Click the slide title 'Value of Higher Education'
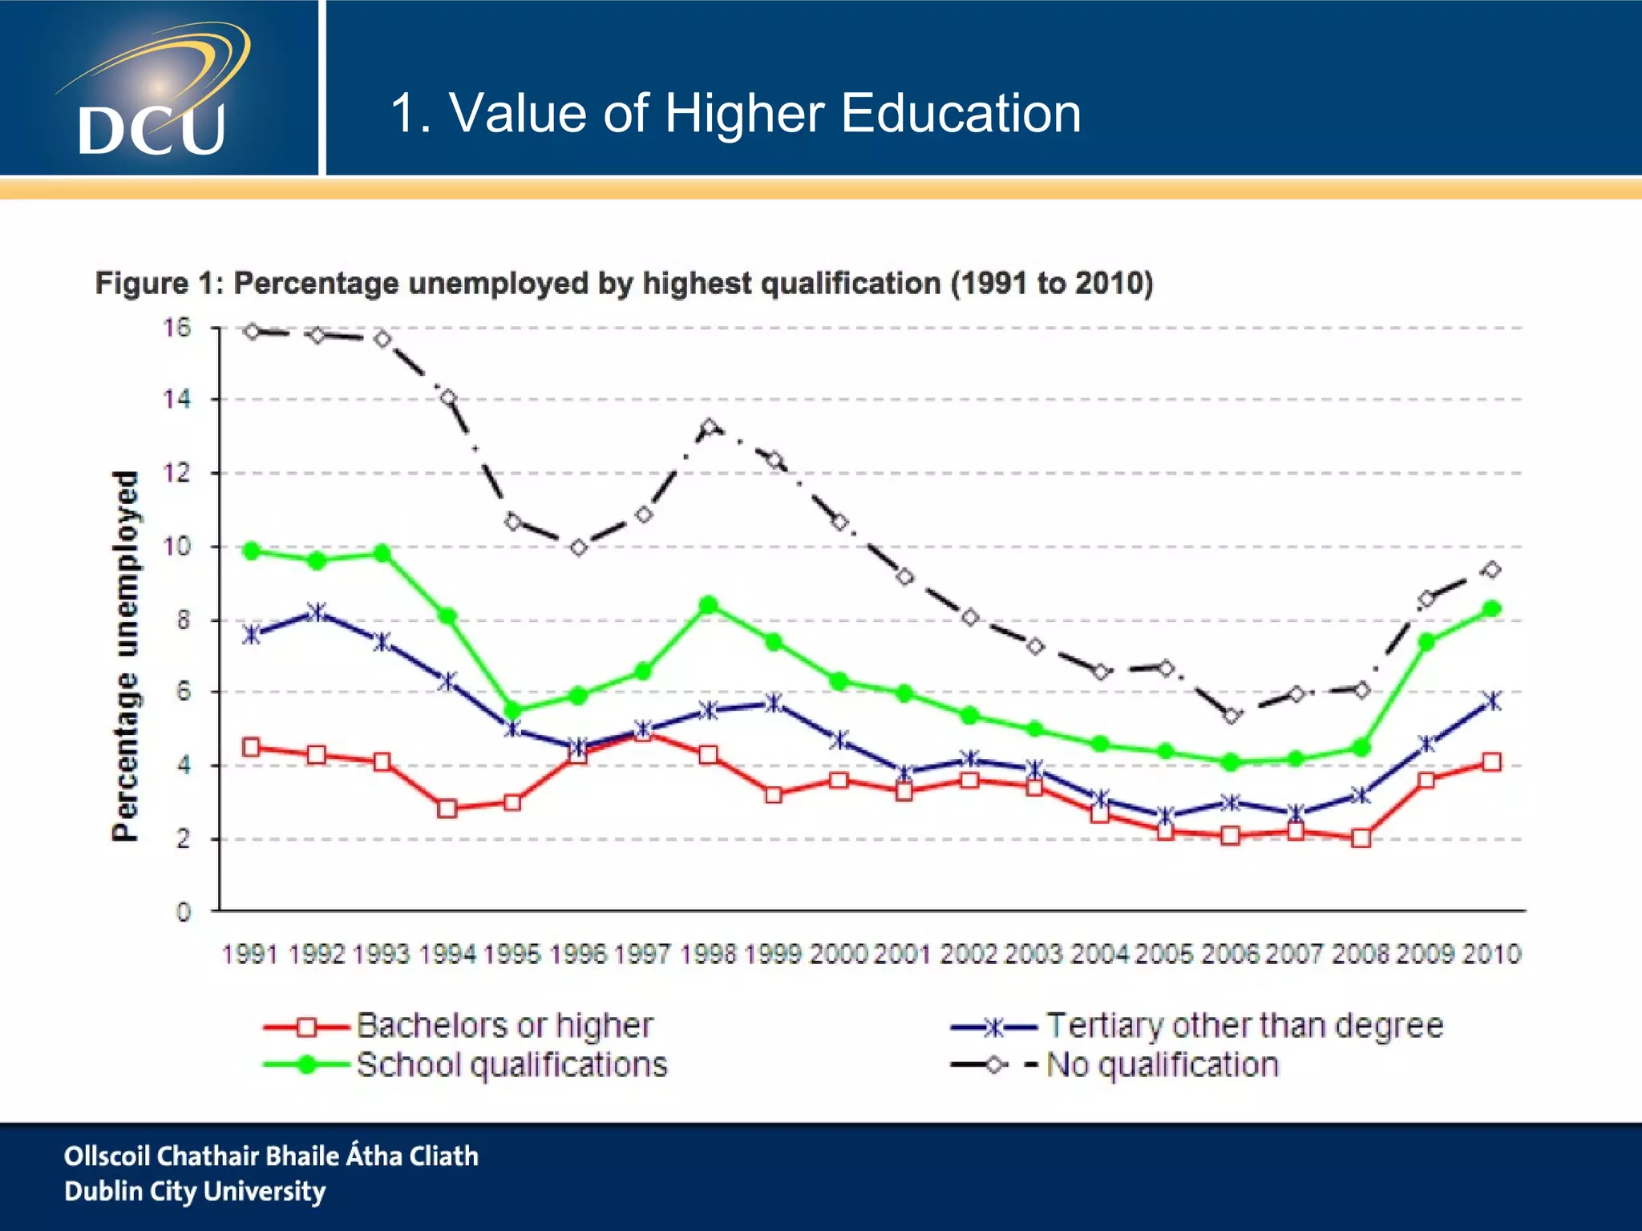735,113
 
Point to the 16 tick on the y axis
178,328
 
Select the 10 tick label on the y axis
178,547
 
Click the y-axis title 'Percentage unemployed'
125,656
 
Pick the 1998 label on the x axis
708,954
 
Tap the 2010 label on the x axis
1491,954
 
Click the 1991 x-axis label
251,954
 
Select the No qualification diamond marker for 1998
708,427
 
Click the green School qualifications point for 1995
513,710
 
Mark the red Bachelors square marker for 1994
447,809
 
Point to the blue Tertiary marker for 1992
317,612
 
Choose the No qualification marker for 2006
1231,716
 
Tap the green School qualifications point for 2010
1491,609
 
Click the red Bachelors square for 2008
1361,838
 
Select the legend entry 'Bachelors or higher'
504,1026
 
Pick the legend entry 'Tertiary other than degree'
1244,1026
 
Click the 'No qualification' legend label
1162,1065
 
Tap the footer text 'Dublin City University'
195,1191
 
